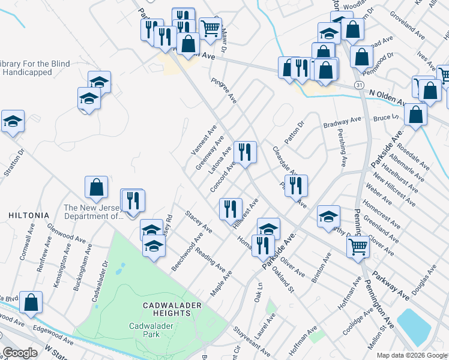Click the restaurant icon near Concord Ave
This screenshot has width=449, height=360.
pyautogui.click(x=245, y=152)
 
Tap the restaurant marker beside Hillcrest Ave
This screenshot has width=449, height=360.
pyautogui.click(x=231, y=209)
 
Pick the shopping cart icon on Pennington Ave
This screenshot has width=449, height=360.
pyautogui.click(x=358, y=245)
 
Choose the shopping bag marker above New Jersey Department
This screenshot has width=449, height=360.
pyautogui.click(x=96, y=188)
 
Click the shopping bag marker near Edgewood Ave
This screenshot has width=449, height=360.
pyautogui.click(x=31, y=302)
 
